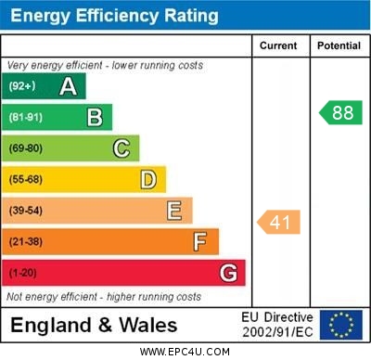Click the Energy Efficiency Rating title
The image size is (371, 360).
(x=114, y=16)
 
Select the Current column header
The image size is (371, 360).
(x=278, y=45)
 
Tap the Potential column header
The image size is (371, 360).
(x=339, y=45)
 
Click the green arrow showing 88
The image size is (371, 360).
(x=339, y=113)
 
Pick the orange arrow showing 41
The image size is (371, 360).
(x=278, y=222)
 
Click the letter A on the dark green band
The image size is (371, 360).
(x=68, y=87)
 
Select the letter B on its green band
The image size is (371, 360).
(x=95, y=118)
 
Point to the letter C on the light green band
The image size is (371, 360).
(x=122, y=148)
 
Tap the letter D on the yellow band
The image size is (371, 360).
(x=148, y=179)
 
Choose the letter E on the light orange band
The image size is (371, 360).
(x=174, y=211)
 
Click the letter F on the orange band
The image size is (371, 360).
(x=200, y=241)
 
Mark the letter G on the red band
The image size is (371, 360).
(x=228, y=273)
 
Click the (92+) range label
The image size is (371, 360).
(x=22, y=87)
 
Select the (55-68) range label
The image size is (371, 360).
(x=26, y=180)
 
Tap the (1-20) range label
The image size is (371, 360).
(x=23, y=274)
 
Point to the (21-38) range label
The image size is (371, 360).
(x=26, y=242)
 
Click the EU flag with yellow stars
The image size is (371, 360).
(x=341, y=325)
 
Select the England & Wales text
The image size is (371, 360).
(x=94, y=326)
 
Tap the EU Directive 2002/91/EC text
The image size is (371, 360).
(x=278, y=325)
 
